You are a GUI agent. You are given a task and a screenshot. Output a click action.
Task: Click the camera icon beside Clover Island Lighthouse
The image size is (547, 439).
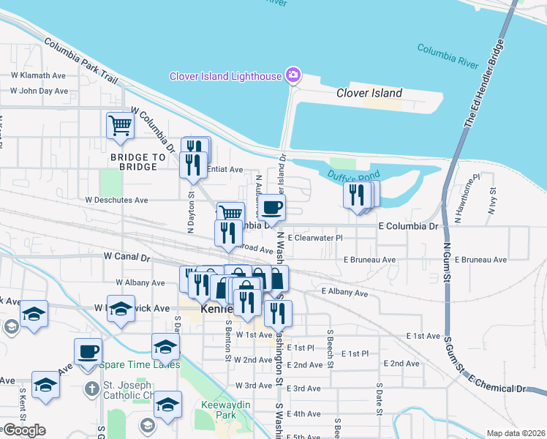[x=293, y=75]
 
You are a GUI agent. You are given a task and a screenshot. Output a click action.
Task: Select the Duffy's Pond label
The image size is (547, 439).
[x=353, y=176]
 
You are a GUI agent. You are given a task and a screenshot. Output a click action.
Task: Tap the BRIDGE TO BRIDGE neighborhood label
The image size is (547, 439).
[x=134, y=162]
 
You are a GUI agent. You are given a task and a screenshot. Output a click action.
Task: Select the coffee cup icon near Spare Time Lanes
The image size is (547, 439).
[x=88, y=350]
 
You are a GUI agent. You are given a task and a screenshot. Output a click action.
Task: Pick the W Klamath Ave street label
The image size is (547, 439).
[x=39, y=75]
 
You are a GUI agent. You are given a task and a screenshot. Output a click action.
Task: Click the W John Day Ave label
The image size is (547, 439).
[x=39, y=91]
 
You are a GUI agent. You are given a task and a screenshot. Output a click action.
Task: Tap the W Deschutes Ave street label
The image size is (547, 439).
[x=116, y=200]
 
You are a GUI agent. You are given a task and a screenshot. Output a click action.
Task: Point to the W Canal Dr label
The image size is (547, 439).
[x=127, y=258]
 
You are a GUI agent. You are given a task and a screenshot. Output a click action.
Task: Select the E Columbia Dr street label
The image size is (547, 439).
[x=407, y=227]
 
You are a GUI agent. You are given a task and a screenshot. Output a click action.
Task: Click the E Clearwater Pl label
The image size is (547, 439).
[x=315, y=238]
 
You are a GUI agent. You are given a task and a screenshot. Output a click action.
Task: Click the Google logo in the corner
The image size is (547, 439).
[x=24, y=430]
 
